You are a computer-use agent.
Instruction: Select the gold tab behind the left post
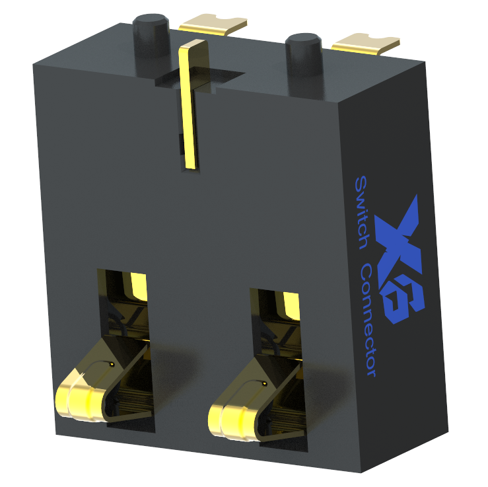(x=212, y=24)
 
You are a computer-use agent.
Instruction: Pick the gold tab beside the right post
(x=366, y=44)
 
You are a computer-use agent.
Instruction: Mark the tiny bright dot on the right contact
(x=265, y=383)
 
